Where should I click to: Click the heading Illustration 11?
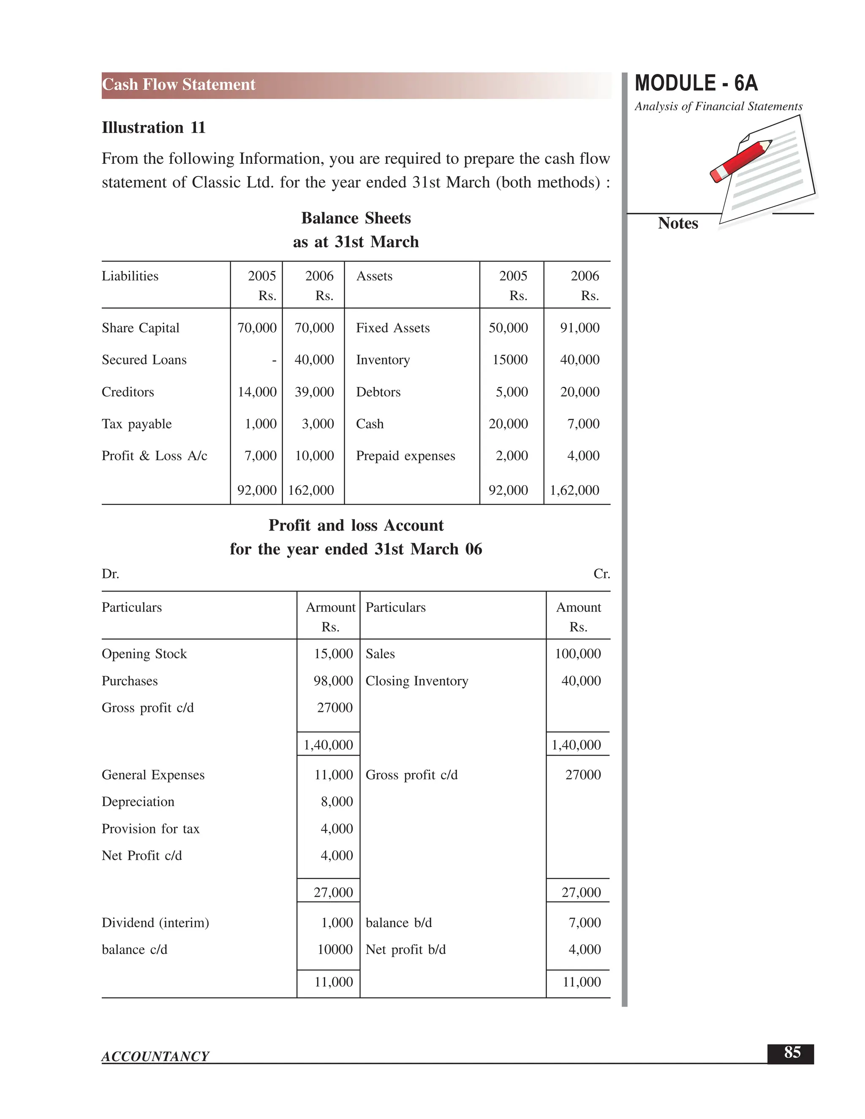153,128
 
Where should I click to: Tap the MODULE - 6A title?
696,84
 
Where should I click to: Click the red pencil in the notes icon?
740,161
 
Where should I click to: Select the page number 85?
792,1052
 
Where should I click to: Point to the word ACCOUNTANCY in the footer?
155,1057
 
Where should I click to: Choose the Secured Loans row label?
144,360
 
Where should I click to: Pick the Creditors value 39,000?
314,392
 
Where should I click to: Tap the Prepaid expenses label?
405,456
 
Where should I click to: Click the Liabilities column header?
130,276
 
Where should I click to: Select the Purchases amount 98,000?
333,681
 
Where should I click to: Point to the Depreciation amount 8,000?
337,801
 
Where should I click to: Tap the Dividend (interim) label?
155,923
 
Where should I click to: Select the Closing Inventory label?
416,681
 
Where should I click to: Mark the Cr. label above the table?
601,574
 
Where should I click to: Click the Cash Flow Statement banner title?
178,84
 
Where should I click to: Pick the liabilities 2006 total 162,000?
310,490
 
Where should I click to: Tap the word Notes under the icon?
677,223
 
